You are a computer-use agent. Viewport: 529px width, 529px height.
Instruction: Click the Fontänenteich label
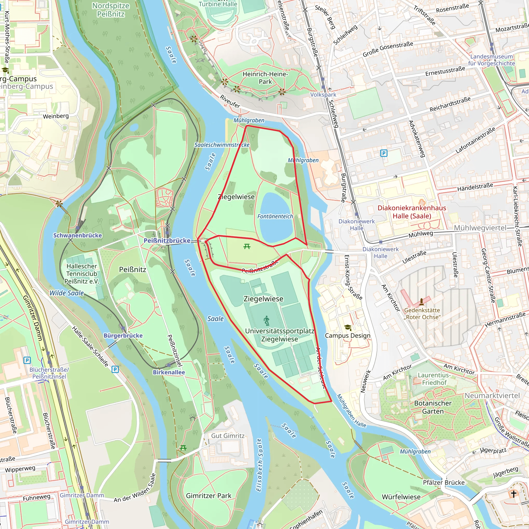pyautogui.click(x=275, y=216)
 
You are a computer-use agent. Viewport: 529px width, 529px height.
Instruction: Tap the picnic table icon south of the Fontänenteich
pyautogui.click(x=247, y=246)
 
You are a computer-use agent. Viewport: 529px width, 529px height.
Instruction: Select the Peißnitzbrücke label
pyautogui.click(x=167, y=240)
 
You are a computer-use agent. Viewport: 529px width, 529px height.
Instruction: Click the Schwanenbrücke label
pyautogui.click(x=77, y=235)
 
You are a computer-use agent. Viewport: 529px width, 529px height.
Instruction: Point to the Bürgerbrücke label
pyautogui.click(x=123, y=336)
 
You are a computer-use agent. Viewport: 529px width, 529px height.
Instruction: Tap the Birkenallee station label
pyautogui.click(x=169, y=372)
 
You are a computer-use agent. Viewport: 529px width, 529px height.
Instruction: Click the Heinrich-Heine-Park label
pyautogui.click(x=265, y=78)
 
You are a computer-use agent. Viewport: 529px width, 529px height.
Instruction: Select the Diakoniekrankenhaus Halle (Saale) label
pyautogui.click(x=411, y=212)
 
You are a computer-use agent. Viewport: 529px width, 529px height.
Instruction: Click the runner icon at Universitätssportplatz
pyautogui.click(x=266, y=320)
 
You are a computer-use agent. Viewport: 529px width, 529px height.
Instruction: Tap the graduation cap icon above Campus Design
pyautogui.click(x=347, y=328)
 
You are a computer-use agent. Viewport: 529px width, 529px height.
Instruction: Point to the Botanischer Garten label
pyautogui.click(x=433, y=407)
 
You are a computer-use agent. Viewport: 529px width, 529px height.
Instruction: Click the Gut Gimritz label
pyautogui.click(x=228, y=436)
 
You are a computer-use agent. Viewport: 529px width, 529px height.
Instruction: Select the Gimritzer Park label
pyautogui.click(x=208, y=496)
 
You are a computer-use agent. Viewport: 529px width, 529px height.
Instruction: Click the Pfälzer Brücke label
pyautogui.click(x=444, y=483)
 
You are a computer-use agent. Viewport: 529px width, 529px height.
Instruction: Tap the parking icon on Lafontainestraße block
pyautogui.click(x=384, y=153)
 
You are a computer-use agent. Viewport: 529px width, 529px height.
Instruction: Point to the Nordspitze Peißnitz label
pyautogui.click(x=111, y=10)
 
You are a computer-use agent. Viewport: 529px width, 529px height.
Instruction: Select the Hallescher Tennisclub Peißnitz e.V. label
pyautogui.click(x=82, y=274)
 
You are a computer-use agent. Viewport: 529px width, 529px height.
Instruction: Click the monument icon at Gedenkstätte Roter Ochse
pyautogui.click(x=421, y=302)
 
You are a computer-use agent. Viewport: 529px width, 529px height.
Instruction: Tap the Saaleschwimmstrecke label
pyautogui.click(x=222, y=145)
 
